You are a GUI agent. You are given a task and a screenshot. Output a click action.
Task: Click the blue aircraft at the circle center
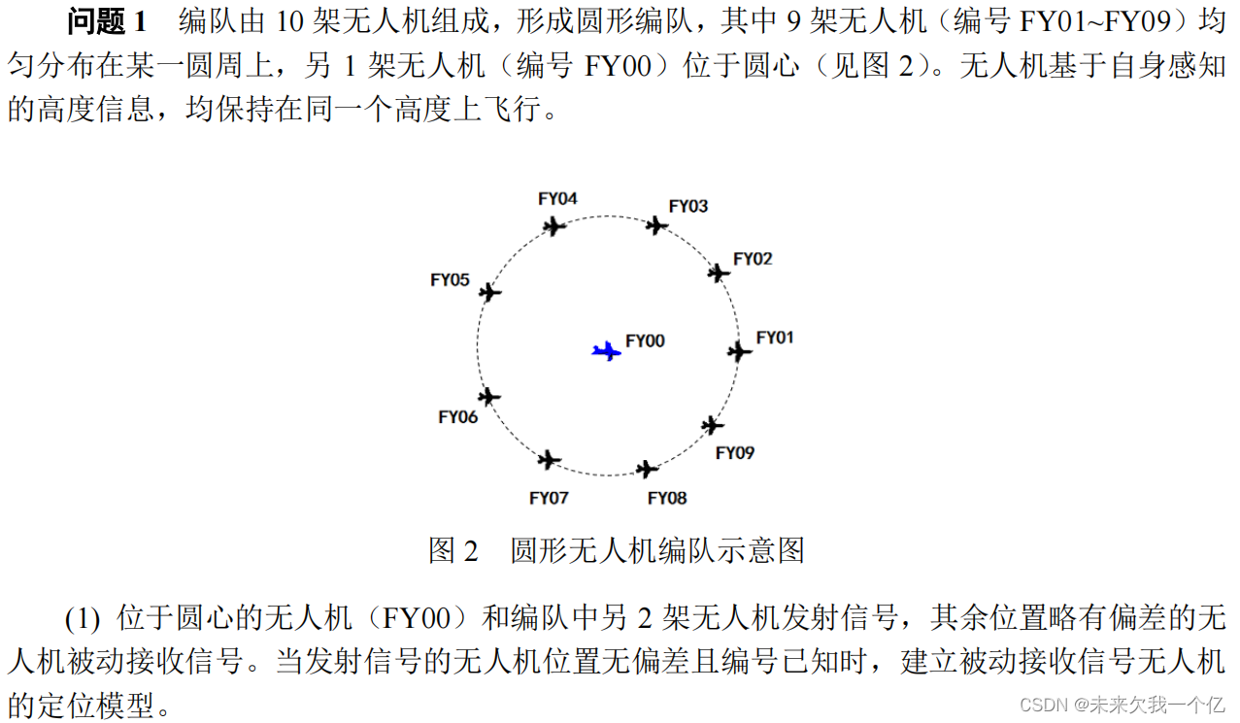pos(607,351)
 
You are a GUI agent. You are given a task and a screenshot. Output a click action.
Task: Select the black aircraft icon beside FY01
pos(740,351)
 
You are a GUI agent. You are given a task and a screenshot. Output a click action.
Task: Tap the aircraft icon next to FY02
pos(719,273)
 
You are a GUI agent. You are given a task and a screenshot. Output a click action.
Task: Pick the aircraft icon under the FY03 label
pos(657,225)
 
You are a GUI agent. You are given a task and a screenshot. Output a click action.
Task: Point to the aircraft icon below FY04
pos(553,226)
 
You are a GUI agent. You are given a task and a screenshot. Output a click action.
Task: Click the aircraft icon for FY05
pos(490,292)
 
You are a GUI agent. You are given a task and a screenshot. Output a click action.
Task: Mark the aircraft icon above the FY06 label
pos(489,396)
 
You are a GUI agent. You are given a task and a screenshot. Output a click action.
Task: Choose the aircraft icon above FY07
pos(550,459)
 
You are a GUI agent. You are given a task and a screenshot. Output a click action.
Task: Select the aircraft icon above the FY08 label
pos(647,470)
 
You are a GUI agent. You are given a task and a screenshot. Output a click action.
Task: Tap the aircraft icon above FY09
pos(713,425)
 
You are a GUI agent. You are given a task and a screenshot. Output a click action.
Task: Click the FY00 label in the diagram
pos(645,341)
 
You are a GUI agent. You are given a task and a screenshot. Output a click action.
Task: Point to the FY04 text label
pos(557,199)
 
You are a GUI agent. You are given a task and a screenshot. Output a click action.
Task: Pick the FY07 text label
pos(549,498)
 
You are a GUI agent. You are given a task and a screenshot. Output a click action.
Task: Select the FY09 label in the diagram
pos(735,453)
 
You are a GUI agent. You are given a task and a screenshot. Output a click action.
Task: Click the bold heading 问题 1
pos(107,22)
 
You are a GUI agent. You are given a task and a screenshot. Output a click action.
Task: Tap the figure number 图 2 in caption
pos(453,551)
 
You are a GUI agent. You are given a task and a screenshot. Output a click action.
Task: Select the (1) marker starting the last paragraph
pos(83,617)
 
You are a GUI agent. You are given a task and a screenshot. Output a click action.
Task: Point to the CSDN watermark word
pos(1045,704)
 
